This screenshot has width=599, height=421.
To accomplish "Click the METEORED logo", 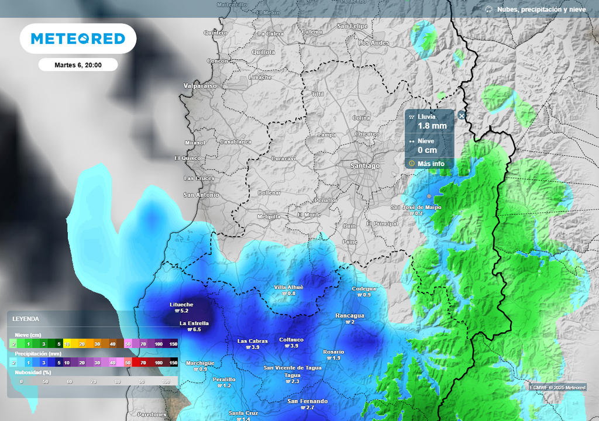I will [78, 39].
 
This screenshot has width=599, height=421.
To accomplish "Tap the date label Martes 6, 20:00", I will [78, 65].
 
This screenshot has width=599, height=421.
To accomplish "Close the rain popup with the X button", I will [462, 116].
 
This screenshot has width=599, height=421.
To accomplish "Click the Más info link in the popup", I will [431, 164].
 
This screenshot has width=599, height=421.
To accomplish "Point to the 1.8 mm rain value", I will [432, 126].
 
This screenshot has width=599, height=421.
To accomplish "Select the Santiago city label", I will [364, 165].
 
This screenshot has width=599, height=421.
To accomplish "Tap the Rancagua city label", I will [350, 316].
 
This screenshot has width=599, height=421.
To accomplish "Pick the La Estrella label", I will [194, 323].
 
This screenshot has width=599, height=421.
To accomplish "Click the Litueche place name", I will [181, 305].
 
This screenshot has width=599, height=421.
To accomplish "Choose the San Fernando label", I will [308, 401].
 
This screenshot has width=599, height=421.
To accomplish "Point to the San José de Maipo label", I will [416, 208].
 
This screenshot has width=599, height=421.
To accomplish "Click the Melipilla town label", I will [269, 216].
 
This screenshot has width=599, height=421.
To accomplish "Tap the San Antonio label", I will [201, 195].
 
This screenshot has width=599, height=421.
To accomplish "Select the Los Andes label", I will [373, 43].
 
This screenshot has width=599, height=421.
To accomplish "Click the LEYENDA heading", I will [26, 319].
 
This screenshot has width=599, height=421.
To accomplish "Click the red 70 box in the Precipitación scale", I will [143, 363].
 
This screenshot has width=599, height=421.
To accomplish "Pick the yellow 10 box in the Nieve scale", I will [67, 344].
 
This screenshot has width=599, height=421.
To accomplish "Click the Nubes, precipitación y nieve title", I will [541, 9].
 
